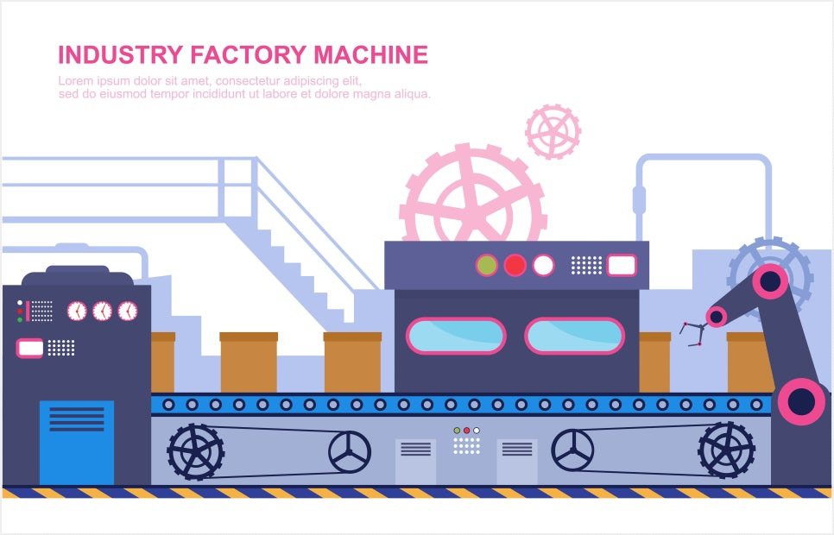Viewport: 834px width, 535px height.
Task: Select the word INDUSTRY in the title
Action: [120, 55]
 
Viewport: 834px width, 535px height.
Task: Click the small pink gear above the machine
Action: [553, 131]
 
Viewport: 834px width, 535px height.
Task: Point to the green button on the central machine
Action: [487, 265]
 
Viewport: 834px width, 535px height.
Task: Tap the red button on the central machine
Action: [515, 265]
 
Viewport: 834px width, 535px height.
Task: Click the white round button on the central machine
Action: [543, 265]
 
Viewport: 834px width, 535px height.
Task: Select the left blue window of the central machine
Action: [456, 336]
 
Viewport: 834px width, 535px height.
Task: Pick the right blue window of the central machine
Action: [574, 336]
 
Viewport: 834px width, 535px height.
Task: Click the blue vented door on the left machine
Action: [76, 441]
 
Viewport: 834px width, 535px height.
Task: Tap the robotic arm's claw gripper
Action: [692, 332]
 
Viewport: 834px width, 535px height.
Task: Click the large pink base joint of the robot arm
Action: [801, 401]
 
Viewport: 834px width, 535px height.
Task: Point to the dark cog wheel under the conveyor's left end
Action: [196, 451]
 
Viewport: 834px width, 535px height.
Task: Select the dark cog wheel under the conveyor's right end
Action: [726, 450]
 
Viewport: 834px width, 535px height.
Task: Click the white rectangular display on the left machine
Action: [30, 348]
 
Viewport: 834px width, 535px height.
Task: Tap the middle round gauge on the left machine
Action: [102, 311]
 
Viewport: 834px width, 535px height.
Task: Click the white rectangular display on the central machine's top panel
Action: [621, 265]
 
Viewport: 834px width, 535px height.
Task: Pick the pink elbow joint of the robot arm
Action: [770, 281]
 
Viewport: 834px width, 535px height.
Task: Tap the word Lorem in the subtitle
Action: [75, 81]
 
